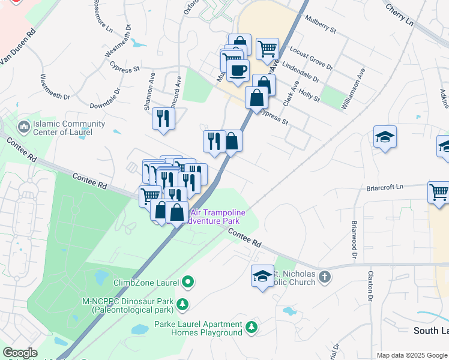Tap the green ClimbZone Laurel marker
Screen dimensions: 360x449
[x=188, y=281]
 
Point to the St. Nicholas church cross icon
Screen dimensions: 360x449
[x=325, y=277]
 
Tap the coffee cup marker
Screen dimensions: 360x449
[x=238, y=70]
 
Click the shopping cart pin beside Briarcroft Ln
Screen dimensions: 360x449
[x=439, y=192]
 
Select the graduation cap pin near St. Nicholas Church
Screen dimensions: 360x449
[x=262, y=275]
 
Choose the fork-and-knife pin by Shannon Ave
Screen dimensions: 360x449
[x=163, y=118]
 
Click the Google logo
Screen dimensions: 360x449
[x=20, y=352]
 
